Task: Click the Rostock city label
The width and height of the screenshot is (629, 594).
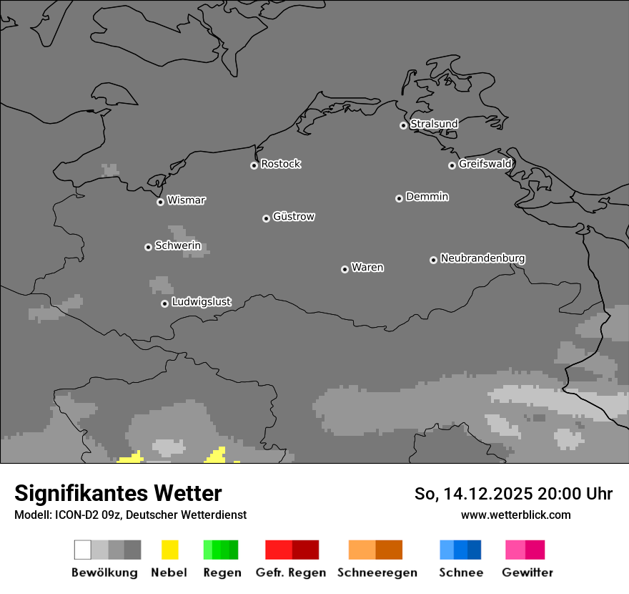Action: (x=281, y=164)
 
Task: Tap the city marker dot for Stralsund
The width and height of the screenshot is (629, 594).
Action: (x=403, y=125)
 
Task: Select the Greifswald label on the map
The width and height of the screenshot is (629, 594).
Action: (x=485, y=164)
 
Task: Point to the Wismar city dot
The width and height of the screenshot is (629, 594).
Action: (x=160, y=202)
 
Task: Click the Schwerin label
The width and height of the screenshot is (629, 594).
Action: (x=178, y=246)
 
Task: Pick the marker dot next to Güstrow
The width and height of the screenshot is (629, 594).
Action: (x=266, y=218)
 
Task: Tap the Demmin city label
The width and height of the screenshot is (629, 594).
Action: (x=427, y=196)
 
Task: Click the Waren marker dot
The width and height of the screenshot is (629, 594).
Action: (x=345, y=269)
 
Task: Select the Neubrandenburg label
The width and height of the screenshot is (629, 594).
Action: (x=483, y=258)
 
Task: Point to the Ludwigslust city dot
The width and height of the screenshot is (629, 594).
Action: (x=164, y=303)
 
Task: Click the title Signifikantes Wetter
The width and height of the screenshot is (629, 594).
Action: (x=118, y=494)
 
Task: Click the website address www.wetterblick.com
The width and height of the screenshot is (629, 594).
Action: (x=516, y=515)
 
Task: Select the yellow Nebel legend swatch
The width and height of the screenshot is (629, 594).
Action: (x=169, y=550)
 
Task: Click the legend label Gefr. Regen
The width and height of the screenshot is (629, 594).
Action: (x=291, y=573)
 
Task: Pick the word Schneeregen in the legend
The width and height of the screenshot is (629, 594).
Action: (x=377, y=573)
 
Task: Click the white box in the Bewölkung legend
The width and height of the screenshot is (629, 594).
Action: (x=82, y=550)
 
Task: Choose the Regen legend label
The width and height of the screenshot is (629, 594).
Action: (x=222, y=573)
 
